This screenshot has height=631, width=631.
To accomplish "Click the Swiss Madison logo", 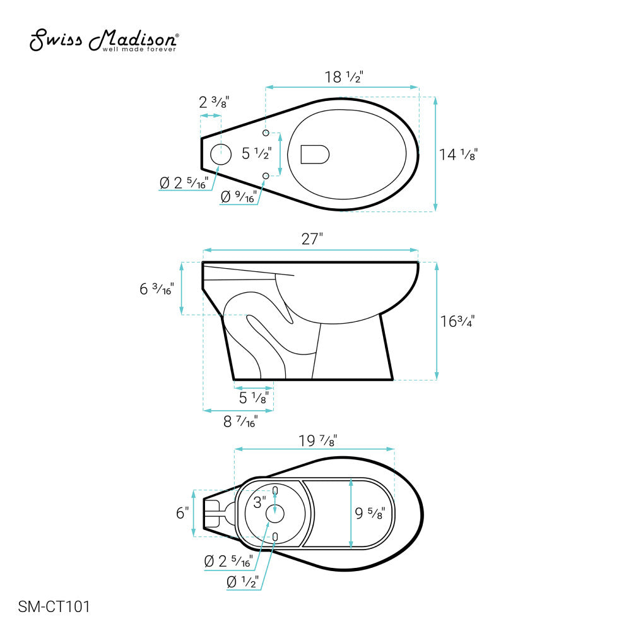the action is [104, 40].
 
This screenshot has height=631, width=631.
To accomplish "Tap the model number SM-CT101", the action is [54, 606].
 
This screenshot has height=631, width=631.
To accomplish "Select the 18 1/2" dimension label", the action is [344, 76].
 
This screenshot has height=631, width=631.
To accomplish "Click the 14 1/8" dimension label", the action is [458, 155].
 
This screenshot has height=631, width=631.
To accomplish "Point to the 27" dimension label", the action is [312, 239].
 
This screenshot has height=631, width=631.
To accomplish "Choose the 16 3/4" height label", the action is [457, 321].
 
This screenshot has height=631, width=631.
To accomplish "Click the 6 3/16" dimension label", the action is [157, 288].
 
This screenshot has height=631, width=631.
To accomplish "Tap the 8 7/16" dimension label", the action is [240, 422].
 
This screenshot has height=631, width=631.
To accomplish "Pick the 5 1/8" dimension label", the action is [254, 398].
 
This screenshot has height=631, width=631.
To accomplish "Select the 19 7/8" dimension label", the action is [318, 440].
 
